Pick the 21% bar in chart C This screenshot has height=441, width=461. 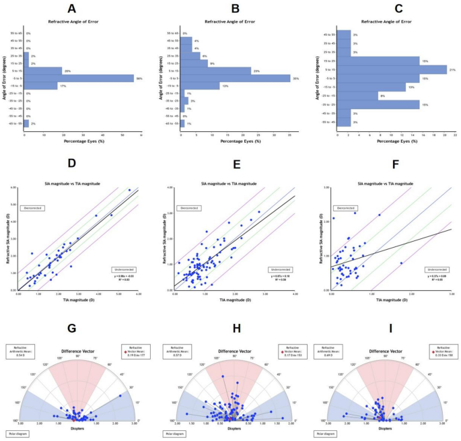tap(392, 69)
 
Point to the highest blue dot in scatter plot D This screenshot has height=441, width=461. tap(129, 190)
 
